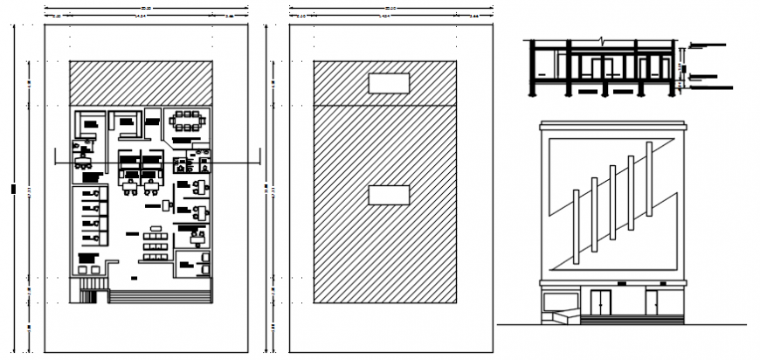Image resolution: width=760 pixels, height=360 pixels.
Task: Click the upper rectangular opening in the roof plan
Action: point(390,83)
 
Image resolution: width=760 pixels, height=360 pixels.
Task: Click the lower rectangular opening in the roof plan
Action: point(390,195)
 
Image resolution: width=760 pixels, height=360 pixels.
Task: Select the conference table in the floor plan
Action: point(186,123)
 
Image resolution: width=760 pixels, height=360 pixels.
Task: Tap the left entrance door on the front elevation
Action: point(599,301)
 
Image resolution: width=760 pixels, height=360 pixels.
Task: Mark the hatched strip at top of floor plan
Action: point(141,82)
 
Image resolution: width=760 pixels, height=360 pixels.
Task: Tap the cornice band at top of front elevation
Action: point(613,128)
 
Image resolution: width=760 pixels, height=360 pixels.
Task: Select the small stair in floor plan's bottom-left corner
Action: point(89,291)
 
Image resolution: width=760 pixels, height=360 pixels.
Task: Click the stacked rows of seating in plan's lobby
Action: point(155,244)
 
